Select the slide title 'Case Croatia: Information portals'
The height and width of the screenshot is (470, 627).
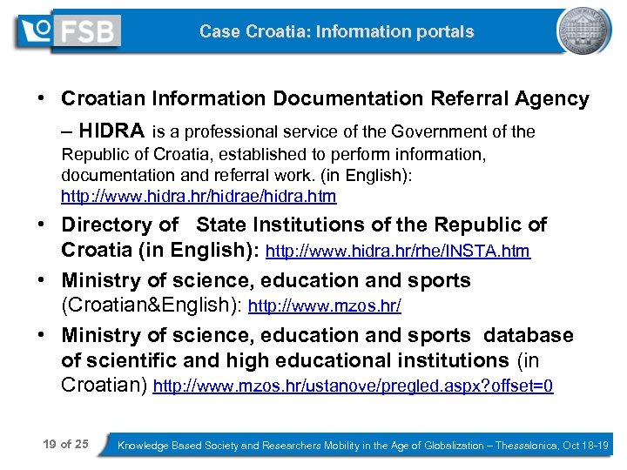point(336,32)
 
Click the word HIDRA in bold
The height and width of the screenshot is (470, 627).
point(111,131)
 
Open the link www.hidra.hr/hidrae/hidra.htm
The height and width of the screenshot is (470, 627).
point(199,196)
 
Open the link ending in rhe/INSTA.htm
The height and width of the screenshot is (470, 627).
point(397,252)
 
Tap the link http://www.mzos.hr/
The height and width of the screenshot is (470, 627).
point(325,307)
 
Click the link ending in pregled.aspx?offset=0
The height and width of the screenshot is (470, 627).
point(353,386)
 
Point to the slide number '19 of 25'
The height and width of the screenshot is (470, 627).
point(65,445)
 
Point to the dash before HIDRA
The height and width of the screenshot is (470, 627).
point(67,131)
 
